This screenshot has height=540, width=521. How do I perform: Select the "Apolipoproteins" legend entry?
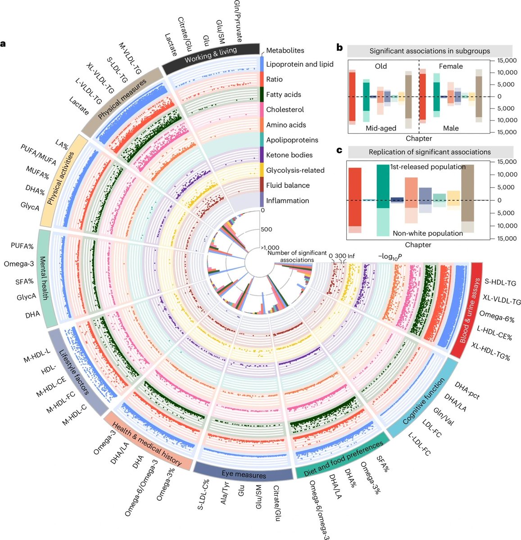coord(292,140)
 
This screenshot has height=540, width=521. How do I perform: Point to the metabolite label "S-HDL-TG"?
coord(500,283)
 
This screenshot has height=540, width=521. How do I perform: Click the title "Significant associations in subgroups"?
coord(430,50)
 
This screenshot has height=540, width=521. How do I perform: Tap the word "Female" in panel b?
coord(451,66)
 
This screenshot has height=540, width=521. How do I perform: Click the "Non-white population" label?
coord(427,233)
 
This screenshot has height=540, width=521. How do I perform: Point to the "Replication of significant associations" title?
coord(430,152)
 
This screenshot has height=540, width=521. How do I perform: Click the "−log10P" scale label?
coord(390,256)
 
